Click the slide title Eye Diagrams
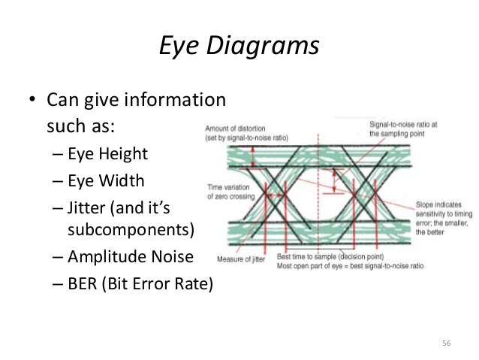pos(239,47)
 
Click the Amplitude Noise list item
pos(130,257)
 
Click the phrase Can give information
pos(135,99)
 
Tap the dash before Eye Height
pos(58,155)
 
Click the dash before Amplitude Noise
pos(58,258)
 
